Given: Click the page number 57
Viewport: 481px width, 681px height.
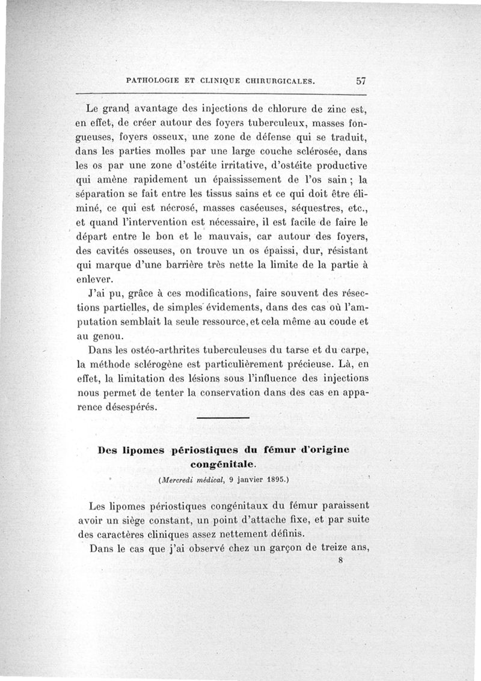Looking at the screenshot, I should (x=361, y=79).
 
